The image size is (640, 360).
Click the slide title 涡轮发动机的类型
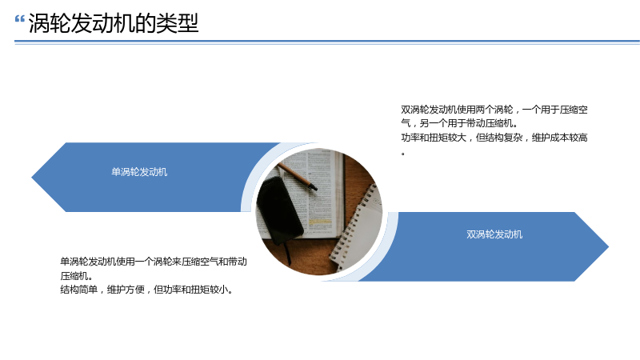[114, 23]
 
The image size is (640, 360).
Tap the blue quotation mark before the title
[19, 18]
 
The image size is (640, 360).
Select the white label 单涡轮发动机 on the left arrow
[139, 172]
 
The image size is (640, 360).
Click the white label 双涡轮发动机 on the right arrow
[494, 234]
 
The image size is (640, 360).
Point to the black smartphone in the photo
[279, 210]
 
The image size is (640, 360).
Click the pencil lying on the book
[297, 175]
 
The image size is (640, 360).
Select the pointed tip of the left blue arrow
[32, 177]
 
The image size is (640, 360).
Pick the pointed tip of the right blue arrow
[608, 246]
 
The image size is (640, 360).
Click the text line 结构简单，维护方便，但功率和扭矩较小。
[147, 290]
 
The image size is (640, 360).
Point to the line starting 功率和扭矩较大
[494, 138]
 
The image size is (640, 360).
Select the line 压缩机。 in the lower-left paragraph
[76, 275]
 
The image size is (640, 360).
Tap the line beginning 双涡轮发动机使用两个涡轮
[494, 110]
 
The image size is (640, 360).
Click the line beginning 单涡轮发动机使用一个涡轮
[154, 262]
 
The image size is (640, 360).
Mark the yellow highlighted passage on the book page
[320, 222]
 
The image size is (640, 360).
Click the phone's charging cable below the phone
[287, 253]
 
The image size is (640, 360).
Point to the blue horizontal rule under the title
[327, 42]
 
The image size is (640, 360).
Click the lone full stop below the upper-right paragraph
[403, 154]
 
